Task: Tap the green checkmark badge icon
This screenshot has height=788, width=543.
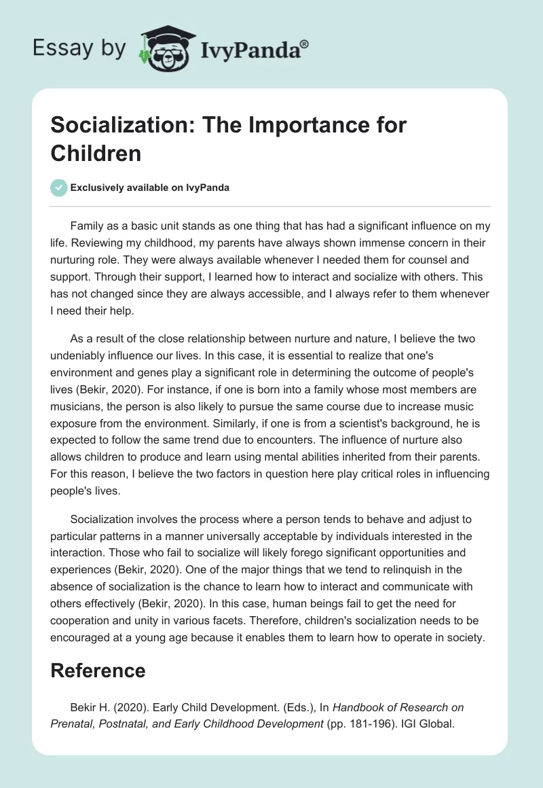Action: point(59,187)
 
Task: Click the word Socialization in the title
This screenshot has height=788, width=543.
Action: point(111,126)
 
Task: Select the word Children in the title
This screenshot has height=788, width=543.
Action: point(96,153)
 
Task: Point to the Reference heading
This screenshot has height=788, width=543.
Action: point(98,670)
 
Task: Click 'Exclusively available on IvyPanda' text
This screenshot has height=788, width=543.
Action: point(150,187)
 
